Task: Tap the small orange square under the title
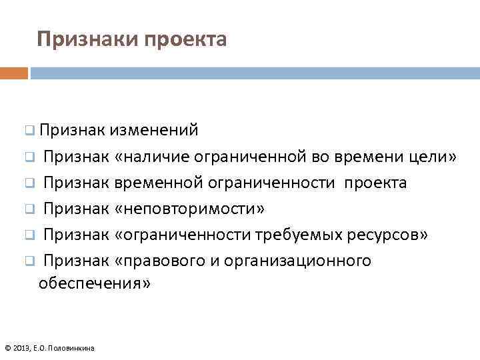tap(14, 73)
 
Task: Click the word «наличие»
tap(155, 157)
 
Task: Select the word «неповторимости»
tap(189, 209)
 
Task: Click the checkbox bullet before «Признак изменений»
tap(30, 130)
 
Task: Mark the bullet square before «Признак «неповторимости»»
tap(30, 209)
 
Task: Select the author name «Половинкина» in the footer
tap(76, 347)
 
